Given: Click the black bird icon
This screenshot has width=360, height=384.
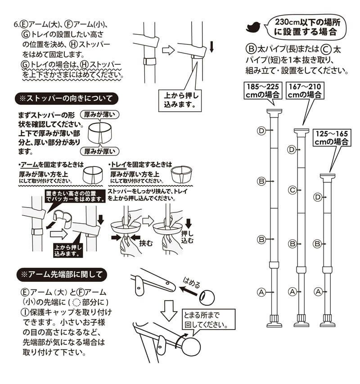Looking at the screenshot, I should click(x=253, y=27).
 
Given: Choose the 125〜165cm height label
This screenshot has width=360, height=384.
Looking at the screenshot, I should click(x=332, y=137).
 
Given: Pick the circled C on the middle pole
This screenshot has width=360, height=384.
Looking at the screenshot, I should click(x=292, y=190).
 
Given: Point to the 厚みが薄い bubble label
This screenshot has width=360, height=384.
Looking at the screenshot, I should click(x=99, y=114).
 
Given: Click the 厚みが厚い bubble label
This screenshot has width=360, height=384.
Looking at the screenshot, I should click(x=99, y=151).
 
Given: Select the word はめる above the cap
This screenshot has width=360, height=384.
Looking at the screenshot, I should click(x=192, y=285).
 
